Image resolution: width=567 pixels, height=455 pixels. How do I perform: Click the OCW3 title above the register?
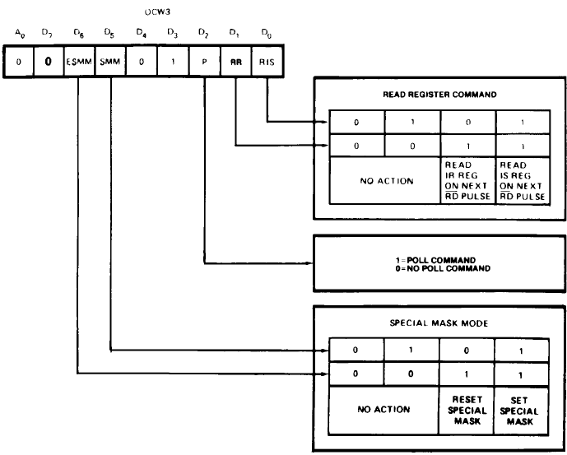click(x=156, y=14)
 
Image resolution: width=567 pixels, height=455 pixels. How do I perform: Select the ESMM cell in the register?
click(x=78, y=62)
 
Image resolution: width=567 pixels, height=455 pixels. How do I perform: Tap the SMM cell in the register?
click(x=109, y=62)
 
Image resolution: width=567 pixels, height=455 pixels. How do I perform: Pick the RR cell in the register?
click(x=235, y=62)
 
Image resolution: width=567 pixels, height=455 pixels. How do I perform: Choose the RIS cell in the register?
click(x=267, y=62)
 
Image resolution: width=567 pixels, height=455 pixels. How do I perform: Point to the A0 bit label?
click(x=19, y=35)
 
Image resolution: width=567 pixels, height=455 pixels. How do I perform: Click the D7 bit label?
click(x=48, y=35)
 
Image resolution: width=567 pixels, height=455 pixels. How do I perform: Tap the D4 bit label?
click(x=141, y=35)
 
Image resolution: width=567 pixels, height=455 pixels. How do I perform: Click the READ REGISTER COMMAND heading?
click(x=439, y=95)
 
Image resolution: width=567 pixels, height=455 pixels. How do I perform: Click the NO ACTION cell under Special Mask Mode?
click(x=383, y=409)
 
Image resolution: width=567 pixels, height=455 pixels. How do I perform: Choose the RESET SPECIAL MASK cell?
click(x=467, y=410)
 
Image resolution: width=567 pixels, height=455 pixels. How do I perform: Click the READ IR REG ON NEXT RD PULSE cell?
click(x=467, y=181)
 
